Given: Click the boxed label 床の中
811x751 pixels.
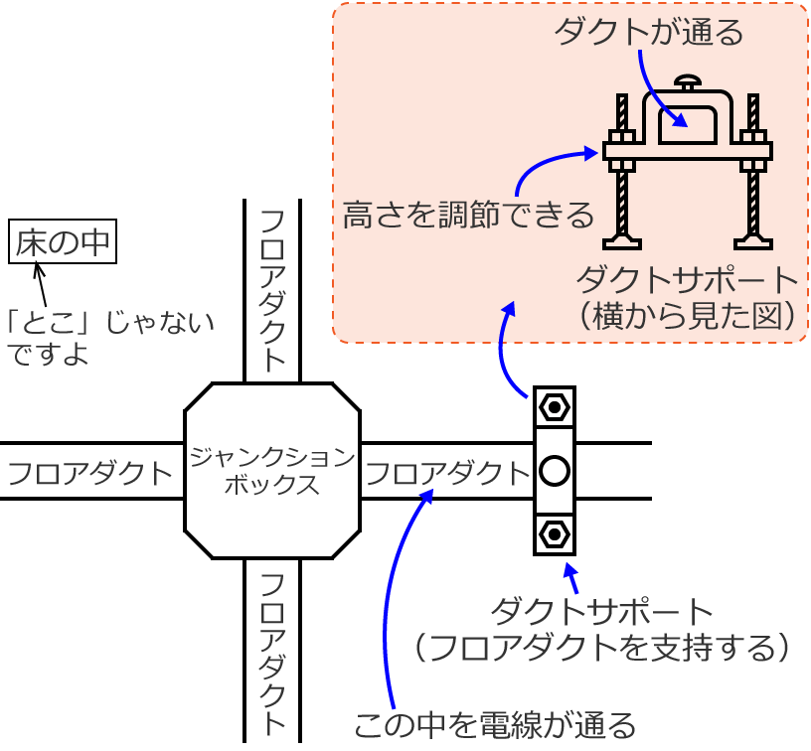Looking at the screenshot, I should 63,242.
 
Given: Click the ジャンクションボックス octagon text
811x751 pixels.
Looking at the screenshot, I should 271,471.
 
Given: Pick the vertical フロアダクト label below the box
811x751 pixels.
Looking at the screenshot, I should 271,651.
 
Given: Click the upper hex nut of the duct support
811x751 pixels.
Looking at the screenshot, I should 554,406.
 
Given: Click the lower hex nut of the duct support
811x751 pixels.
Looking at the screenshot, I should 554,535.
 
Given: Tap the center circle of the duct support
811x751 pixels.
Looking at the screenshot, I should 554,471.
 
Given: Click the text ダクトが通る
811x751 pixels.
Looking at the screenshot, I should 648,33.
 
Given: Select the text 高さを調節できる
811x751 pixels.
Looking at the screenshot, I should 468,215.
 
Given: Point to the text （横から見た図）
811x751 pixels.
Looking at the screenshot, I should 689,314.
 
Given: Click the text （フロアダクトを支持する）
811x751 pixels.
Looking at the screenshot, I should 604,647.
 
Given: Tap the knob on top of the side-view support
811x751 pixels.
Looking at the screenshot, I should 688,81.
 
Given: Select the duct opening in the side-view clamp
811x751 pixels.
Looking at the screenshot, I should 688,124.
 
